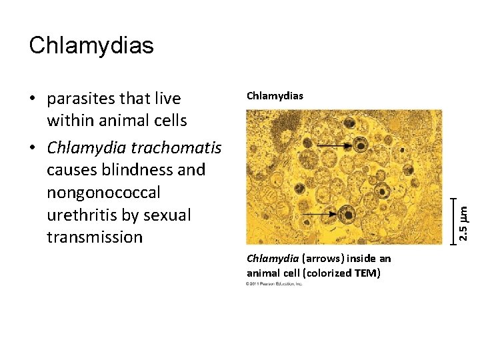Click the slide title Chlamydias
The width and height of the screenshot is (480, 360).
91,45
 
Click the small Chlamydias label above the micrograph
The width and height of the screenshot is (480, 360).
275,96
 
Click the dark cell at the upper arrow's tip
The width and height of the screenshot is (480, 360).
361,145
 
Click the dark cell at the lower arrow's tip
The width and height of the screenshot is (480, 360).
346,214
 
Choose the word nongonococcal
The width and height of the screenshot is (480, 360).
103,193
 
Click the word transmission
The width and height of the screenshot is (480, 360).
95,237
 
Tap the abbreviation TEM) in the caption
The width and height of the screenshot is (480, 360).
367,272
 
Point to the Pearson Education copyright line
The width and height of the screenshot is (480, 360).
274,284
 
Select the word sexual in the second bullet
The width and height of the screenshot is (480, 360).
166,215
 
